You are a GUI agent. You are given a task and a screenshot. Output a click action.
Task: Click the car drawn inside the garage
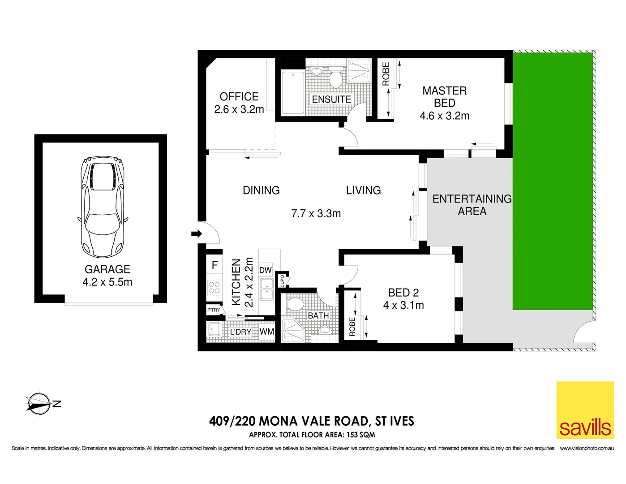[102, 207]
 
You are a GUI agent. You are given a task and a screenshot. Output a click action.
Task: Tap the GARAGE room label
[107, 269]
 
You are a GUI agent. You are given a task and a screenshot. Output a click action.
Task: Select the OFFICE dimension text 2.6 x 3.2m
[239, 109]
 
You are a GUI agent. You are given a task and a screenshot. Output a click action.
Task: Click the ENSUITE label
[331, 99]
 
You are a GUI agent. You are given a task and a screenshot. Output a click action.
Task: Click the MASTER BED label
[444, 97]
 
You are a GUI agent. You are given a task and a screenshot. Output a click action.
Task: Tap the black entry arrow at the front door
[196, 233]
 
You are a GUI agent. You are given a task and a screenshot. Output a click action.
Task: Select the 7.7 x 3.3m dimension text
[316, 214]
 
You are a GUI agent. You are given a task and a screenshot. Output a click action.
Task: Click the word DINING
[261, 190]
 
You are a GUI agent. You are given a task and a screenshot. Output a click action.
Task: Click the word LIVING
[363, 190]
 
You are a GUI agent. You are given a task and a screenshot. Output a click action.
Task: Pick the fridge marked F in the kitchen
[214, 265]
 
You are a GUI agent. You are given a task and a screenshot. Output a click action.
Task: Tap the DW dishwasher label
[265, 270]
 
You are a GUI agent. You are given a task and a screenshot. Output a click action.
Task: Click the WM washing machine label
[266, 332]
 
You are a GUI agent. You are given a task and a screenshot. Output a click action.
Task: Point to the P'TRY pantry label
[214, 310]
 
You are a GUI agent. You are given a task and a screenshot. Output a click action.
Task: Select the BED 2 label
[403, 293]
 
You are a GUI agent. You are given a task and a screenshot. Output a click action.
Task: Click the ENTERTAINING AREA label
[472, 205]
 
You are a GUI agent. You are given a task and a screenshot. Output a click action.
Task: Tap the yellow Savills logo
[585, 410]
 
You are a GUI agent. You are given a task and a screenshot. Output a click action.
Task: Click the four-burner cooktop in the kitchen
[214, 287]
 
